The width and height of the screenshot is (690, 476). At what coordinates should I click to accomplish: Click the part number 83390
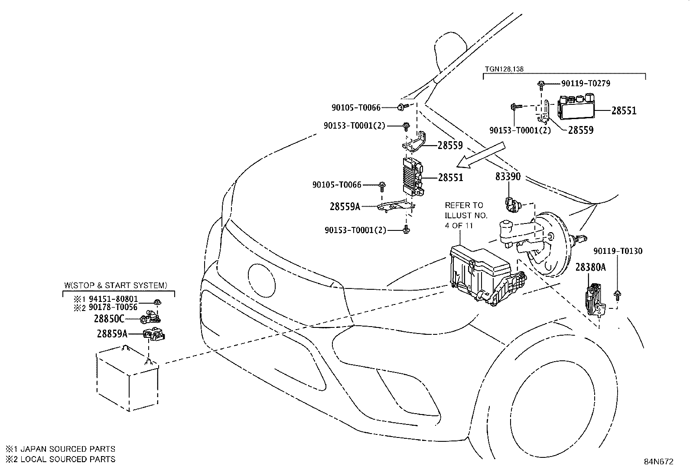(x=508, y=177)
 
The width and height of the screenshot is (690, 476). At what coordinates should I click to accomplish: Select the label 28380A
(x=590, y=267)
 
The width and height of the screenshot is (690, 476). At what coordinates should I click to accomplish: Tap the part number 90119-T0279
(x=586, y=84)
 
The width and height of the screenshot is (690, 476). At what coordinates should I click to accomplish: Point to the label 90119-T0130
(x=618, y=251)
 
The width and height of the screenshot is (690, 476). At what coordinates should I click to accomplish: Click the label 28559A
(x=345, y=206)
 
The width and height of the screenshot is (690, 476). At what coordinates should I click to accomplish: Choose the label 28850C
(x=109, y=319)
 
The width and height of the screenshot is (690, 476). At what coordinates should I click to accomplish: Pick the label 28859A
(x=112, y=334)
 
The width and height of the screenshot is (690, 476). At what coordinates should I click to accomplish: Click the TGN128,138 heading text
(x=504, y=69)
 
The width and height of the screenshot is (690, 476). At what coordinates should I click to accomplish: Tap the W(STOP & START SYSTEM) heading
(x=116, y=285)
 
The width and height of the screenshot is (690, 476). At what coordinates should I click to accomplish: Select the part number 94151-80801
(x=114, y=299)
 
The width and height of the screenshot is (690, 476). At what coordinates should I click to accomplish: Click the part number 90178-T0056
(x=113, y=307)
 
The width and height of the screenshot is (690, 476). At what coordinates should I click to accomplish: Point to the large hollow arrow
(x=481, y=155)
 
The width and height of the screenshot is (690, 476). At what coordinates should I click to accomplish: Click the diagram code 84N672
(x=659, y=462)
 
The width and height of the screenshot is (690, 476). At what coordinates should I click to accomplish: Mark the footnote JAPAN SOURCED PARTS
(x=68, y=449)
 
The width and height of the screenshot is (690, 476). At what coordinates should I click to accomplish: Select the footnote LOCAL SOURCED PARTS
(x=68, y=459)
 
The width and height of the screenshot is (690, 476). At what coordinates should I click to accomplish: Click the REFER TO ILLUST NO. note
(x=466, y=215)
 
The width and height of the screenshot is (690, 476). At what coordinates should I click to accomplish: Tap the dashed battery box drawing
(x=128, y=379)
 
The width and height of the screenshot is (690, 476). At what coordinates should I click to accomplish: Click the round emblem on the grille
(x=261, y=281)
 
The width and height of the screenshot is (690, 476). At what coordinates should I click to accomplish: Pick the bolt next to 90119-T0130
(x=617, y=295)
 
